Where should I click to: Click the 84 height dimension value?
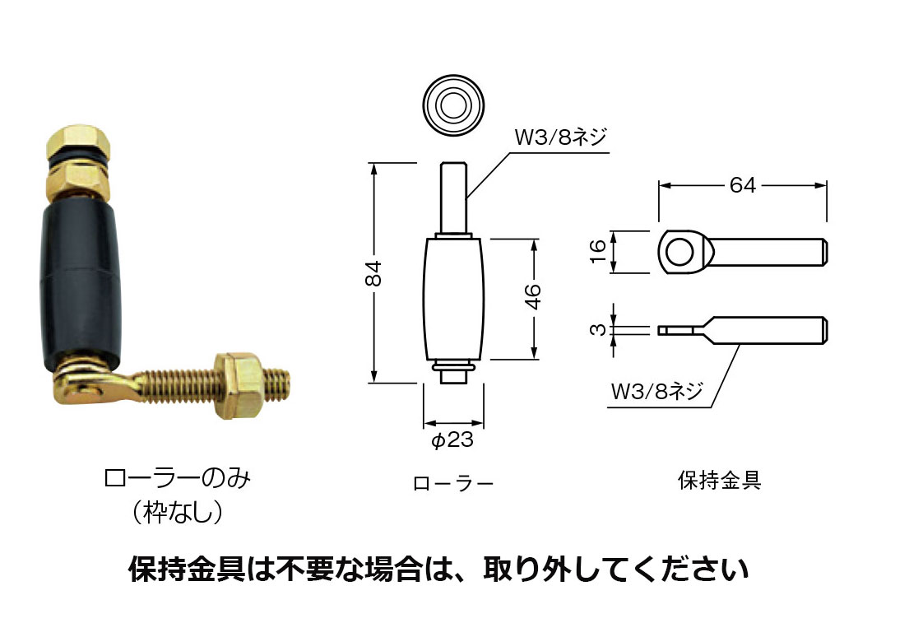coord(373,272)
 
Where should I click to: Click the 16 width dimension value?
coord(599,250)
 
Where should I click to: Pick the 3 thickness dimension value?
coord(599,330)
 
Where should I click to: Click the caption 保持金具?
coord(720,481)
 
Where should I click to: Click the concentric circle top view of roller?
coord(452,106)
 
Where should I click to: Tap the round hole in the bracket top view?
coord(679,250)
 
